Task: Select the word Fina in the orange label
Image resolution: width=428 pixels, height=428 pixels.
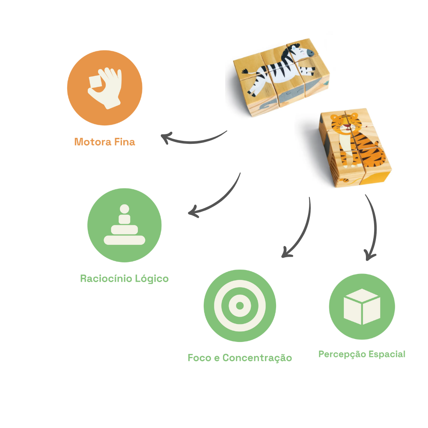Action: [124, 142]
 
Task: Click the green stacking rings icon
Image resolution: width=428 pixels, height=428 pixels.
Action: [125, 225]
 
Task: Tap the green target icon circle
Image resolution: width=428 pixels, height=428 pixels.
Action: [240, 306]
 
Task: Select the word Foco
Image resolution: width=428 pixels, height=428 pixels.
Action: [199, 358]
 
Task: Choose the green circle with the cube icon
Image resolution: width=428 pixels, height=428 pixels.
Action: [362, 306]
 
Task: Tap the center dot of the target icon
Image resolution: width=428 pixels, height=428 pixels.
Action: [240, 306]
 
